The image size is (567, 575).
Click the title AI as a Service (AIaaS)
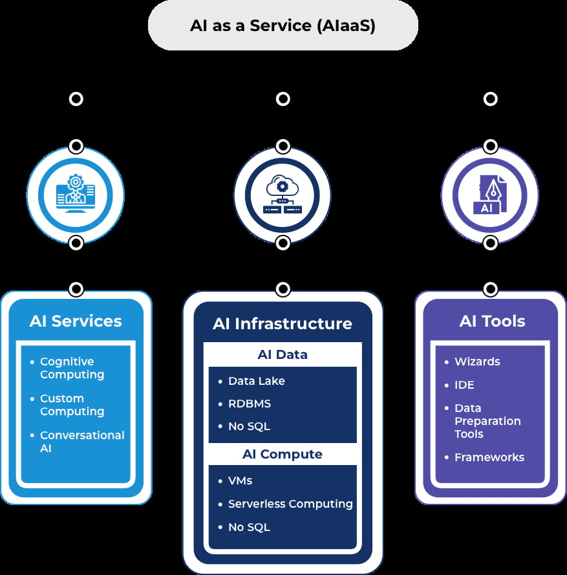click(x=283, y=26)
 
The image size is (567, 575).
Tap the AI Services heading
click(x=76, y=321)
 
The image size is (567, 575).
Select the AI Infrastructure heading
click(x=283, y=323)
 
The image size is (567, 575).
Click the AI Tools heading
click(x=492, y=321)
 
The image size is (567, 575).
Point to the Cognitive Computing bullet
click(x=72, y=368)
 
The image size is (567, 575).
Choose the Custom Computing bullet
click(x=72, y=405)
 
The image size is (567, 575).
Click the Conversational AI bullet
click(x=82, y=442)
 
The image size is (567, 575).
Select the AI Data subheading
click(x=283, y=354)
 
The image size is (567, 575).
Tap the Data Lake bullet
click(x=256, y=381)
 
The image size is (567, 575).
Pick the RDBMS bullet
click(x=249, y=404)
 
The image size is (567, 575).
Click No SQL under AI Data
click(x=249, y=426)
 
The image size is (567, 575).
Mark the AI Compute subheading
click(x=283, y=454)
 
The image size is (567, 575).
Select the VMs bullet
click(x=240, y=481)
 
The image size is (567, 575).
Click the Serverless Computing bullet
click(x=290, y=504)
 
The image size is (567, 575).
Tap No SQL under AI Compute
click(x=249, y=527)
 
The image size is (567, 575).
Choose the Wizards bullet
click(x=477, y=362)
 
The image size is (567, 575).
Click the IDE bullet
click(x=464, y=385)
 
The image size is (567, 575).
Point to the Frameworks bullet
click(x=489, y=457)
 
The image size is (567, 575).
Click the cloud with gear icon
click(x=283, y=195)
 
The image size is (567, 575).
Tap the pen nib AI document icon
click(x=490, y=195)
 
